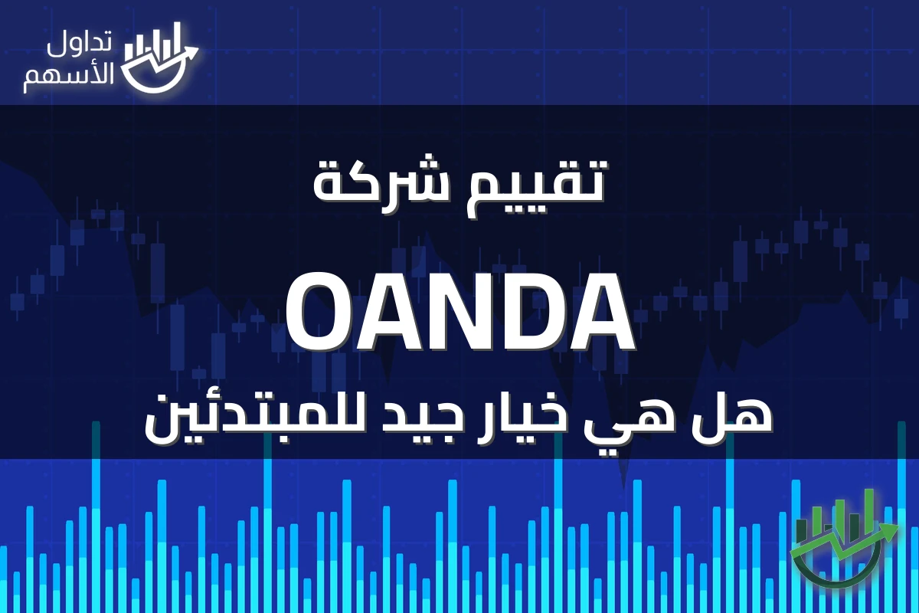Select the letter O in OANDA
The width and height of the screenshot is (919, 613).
pyautogui.click(x=320, y=313)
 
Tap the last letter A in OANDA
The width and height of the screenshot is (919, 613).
pyautogui.click(x=598, y=313)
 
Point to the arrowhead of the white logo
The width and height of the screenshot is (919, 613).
pyautogui.click(x=191, y=51)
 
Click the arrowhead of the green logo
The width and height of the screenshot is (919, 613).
pyautogui.click(x=890, y=531)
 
